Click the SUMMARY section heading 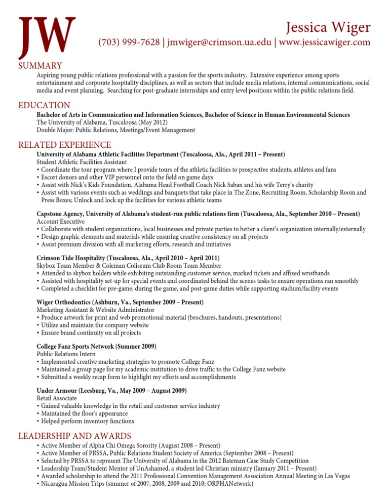(x=40, y=65)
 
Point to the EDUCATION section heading (x=44, y=105)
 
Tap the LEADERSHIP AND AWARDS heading (x=74, y=436)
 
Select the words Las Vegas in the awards (x=335, y=476)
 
